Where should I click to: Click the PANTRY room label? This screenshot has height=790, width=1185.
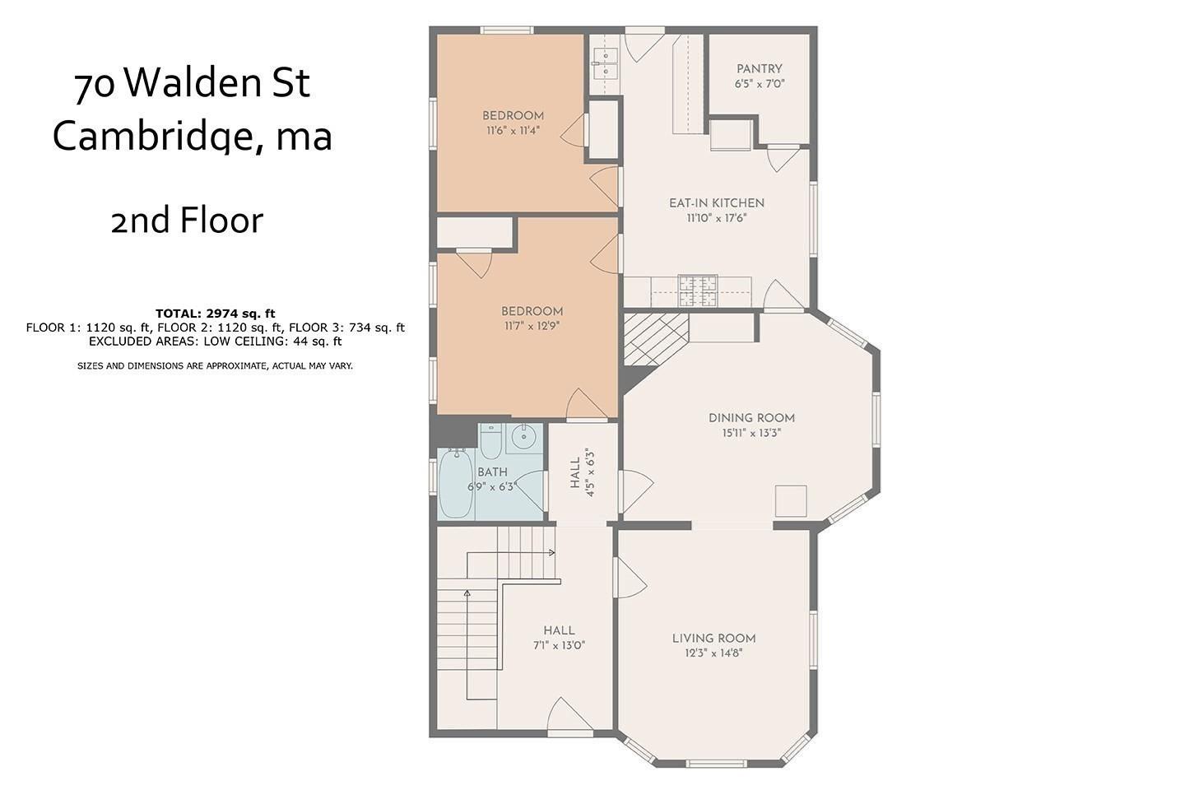pyautogui.click(x=759, y=68)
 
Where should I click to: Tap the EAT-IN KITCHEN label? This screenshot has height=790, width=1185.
pyautogui.click(x=716, y=202)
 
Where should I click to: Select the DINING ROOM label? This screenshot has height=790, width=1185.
pyautogui.click(x=751, y=417)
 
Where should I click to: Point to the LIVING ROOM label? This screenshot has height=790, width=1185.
pyautogui.click(x=713, y=638)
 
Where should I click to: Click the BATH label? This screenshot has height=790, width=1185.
pyautogui.click(x=492, y=472)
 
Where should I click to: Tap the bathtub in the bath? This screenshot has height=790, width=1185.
pyautogui.click(x=456, y=483)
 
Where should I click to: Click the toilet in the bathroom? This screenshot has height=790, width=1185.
pyautogui.click(x=490, y=441)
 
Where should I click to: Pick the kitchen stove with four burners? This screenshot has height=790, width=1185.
pyautogui.click(x=698, y=290)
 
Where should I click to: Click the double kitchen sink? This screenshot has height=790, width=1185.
pyautogui.click(x=605, y=63)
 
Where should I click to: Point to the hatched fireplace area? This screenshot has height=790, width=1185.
pyautogui.click(x=657, y=339)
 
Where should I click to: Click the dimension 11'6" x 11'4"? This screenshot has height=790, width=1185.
pyautogui.click(x=513, y=130)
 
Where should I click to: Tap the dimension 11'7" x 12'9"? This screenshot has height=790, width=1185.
pyautogui.click(x=532, y=326)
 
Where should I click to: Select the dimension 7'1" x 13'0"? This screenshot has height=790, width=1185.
pyautogui.click(x=559, y=645)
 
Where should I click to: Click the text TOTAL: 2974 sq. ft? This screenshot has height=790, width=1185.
pyautogui.click(x=216, y=314)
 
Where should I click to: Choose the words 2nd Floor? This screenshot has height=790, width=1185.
pyautogui.click(x=187, y=220)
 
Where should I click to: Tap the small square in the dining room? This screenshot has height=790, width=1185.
pyautogui.click(x=791, y=500)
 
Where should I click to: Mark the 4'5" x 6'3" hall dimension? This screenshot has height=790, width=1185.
pyautogui.click(x=590, y=472)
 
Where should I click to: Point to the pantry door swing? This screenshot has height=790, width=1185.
pyautogui.click(x=783, y=159)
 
